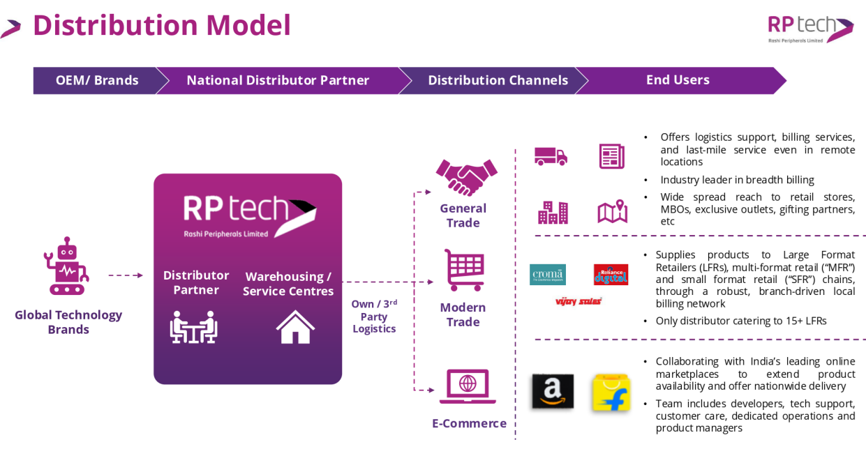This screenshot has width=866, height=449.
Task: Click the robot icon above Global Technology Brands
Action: (66, 266)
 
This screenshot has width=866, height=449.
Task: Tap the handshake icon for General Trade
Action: (466, 177)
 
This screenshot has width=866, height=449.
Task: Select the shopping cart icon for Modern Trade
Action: (465, 270)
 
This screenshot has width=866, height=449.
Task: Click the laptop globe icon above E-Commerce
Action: (467, 386)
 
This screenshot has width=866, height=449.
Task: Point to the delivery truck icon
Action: (551, 156)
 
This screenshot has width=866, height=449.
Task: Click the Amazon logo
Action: (552, 391)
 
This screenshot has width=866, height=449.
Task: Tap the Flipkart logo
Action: (611, 393)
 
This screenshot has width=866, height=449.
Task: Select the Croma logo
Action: (547, 274)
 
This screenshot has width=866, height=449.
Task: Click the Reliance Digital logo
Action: (611, 274)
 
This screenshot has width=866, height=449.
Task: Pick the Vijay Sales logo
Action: (578, 301)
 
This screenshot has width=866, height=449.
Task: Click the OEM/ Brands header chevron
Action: (96, 80)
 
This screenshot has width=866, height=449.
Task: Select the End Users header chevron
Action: (678, 80)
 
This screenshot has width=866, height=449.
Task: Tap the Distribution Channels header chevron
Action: (497, 80)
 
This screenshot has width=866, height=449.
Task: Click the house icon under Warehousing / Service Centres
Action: (295, 327)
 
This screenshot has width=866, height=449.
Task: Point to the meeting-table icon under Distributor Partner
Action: (193, 327)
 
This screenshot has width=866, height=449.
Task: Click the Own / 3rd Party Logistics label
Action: (374, 316)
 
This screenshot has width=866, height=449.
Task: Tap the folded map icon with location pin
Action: (612, 212)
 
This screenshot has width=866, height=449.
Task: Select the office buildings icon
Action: (553, 212)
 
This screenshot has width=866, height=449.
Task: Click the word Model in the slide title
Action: (248, 25)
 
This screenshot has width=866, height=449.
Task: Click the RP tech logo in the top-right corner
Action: (810, 28)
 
